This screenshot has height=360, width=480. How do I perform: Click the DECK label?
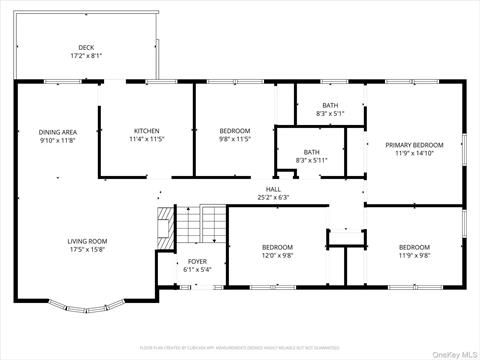pyautogui.click(x=86, y=47)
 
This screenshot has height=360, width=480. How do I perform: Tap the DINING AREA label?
pyautogui.click(x=58, y=132)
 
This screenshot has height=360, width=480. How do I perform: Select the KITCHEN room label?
pyautogui.click(x=147, y=132)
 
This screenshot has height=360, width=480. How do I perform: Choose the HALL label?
pyautogui.click(x=272, y=188)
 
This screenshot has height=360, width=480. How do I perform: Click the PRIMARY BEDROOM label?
pyautogui.click(x=414, y=145)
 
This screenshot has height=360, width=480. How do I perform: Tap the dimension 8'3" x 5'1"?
pyautogui.click(x=330, y=114)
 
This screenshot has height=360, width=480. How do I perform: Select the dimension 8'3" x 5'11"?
pyautogui.click(x=311, y=160)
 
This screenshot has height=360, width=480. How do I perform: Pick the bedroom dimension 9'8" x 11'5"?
pyautogui.click(x=235, y=140)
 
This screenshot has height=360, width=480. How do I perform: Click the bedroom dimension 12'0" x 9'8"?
pyautogui.click(x=277, y=255)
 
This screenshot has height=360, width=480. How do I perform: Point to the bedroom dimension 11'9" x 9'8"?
pyautogui.click(x=414, y=255)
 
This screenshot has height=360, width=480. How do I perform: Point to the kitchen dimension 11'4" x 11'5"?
pyautogui.click(x=147, y=140)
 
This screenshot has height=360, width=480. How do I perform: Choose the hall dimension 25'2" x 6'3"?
pyautogui.click(x=272, y=196)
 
